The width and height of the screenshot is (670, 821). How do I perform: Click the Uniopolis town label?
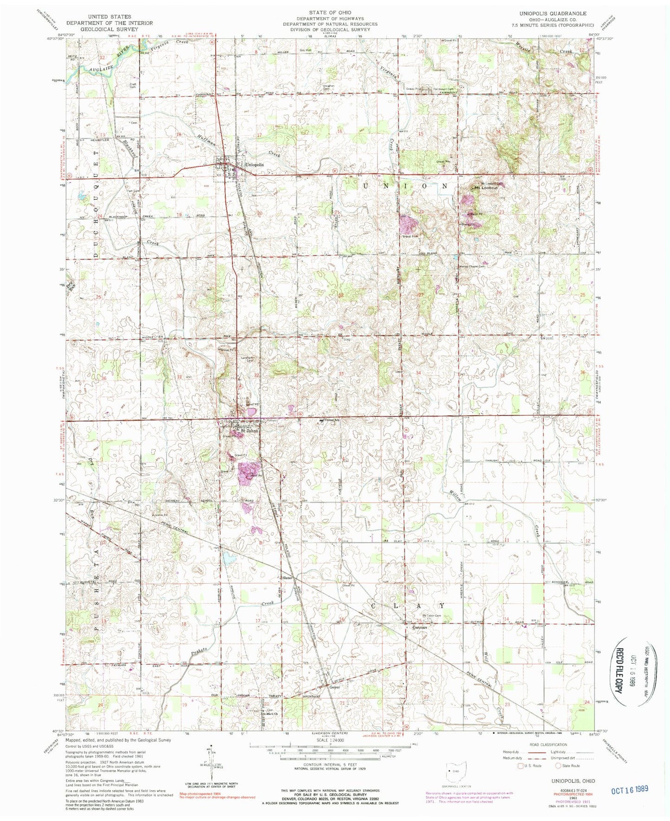[254, 165]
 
